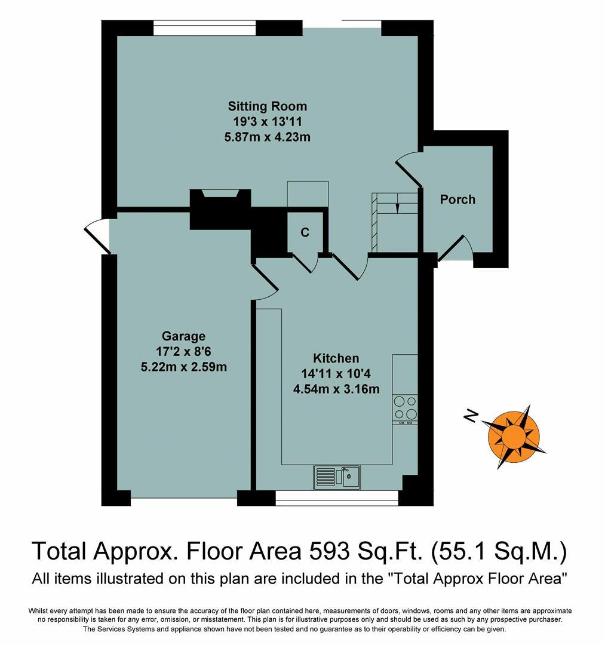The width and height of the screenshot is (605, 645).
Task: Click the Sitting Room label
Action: pos(268,106)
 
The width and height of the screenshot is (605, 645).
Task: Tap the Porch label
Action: pos(457,199)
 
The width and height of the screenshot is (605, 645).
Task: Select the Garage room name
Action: pos(183,336)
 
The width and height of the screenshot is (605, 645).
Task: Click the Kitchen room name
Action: pos(336,358)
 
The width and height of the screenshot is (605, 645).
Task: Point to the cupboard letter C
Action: pos(305,233)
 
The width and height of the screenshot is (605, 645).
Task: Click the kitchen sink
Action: pos(336,477)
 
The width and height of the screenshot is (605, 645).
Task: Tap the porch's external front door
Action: pos(455,250)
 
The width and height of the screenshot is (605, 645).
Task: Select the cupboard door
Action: pos(303,263)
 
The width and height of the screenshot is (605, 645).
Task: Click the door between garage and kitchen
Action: pos(265,283)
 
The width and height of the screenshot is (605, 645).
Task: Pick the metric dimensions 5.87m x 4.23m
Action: pos(268,137)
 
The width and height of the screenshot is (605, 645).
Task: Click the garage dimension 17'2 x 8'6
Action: pos(183,352)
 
